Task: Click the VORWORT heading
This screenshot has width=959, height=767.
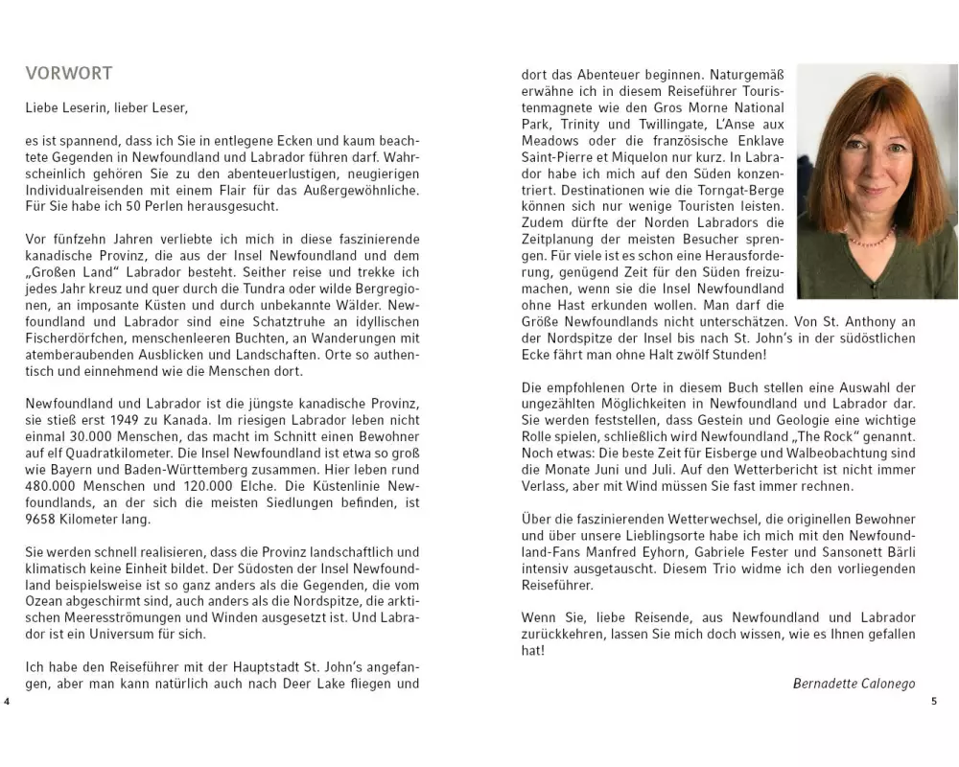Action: pyautogui.click(x=69, y=74)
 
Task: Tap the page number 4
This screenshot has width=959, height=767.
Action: pyautogui.click(x=7, y=702)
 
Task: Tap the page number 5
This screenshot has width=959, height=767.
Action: pyautogui.click(x=934, y=702)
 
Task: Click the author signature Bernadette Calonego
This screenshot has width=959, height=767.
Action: pyautogui.click(x=854, y=684)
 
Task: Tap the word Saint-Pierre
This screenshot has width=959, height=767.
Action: pyautogui.click(x=559, y=156)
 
